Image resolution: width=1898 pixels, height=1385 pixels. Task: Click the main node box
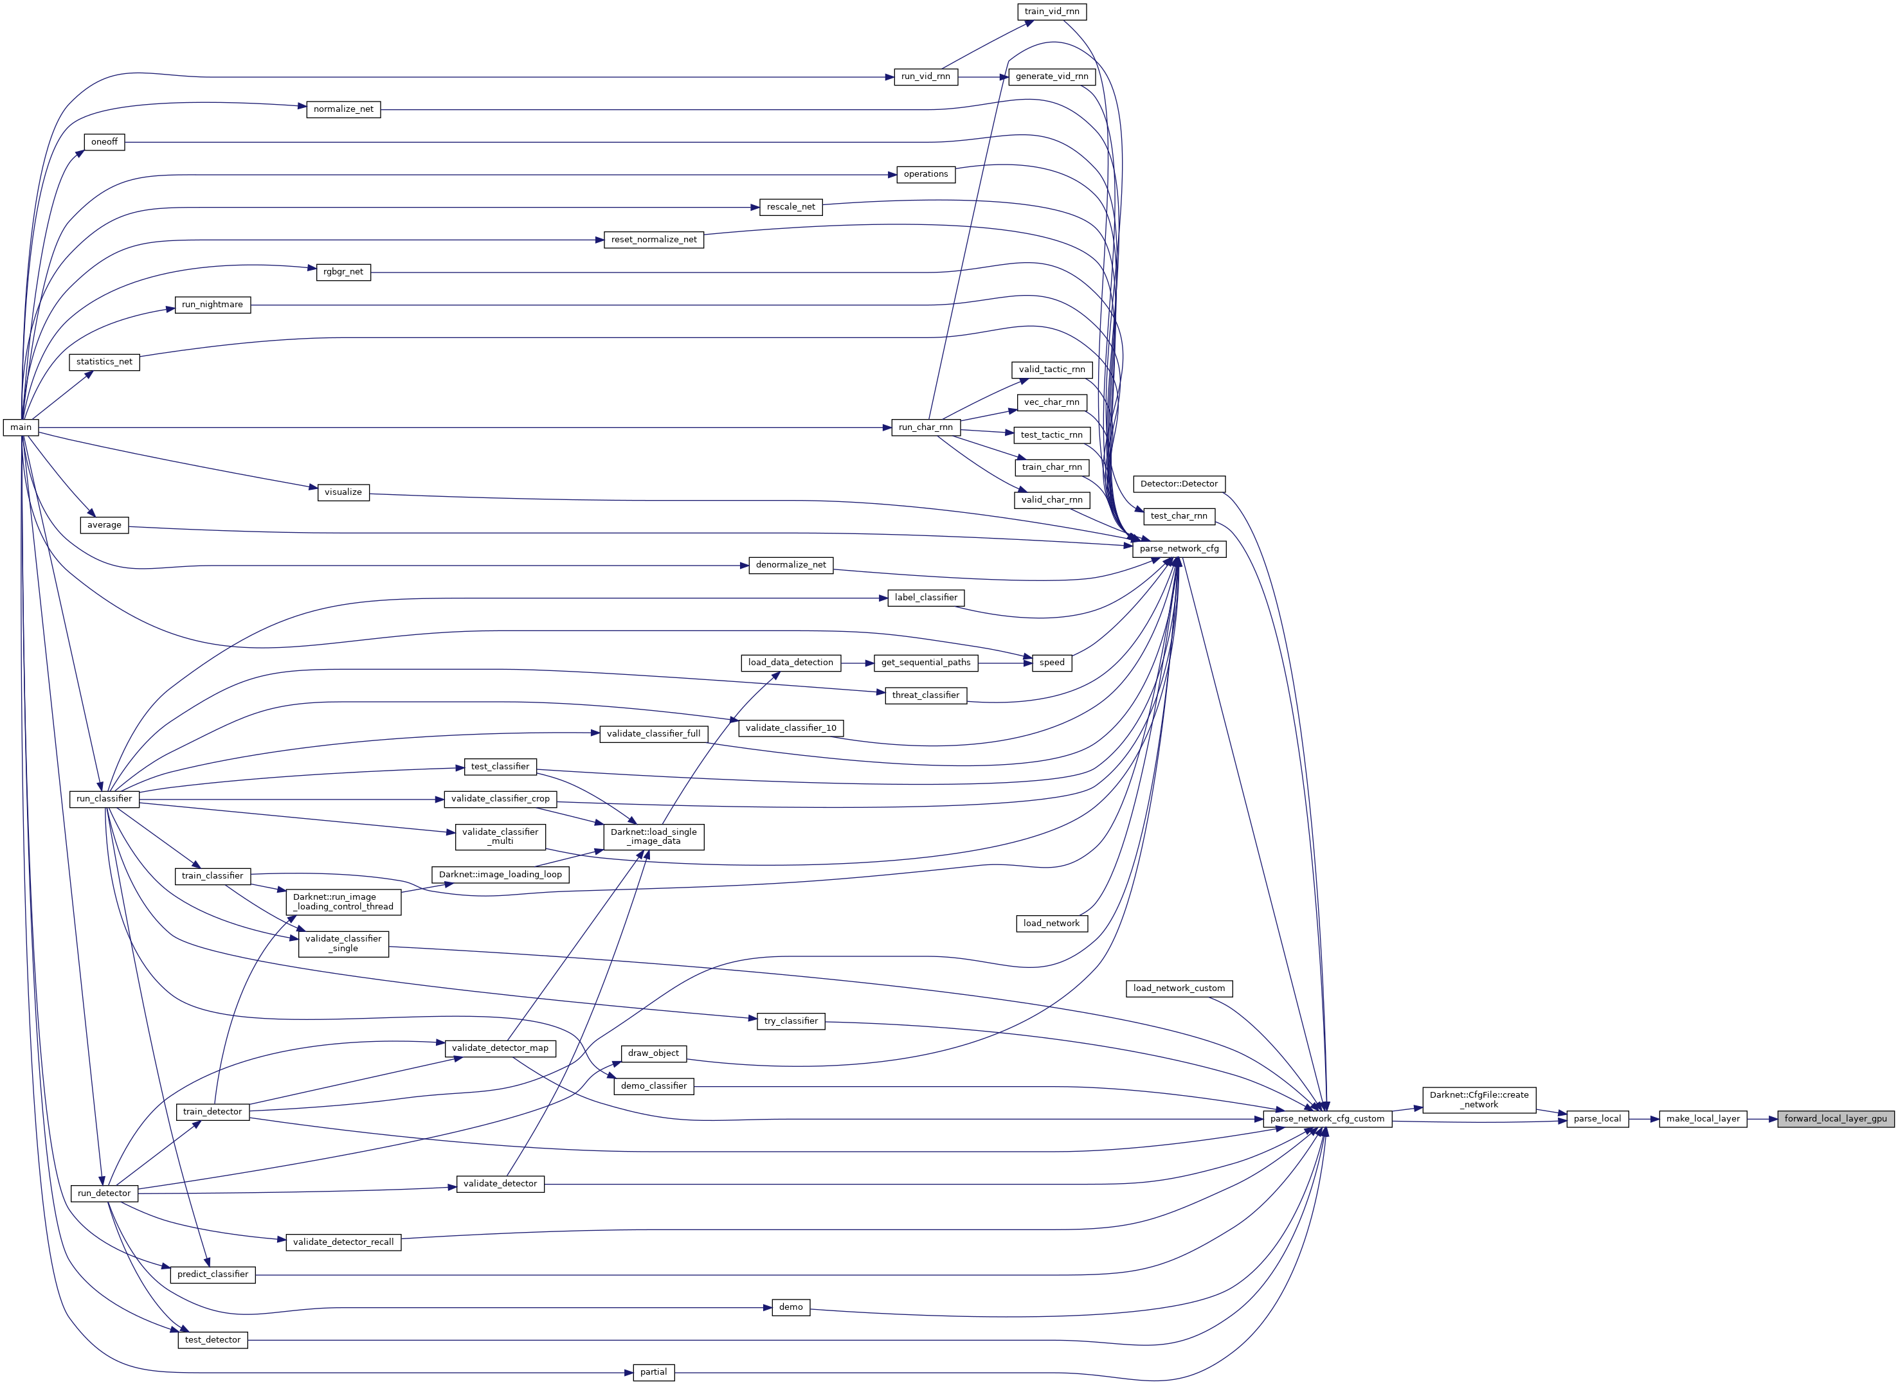click(21, 427)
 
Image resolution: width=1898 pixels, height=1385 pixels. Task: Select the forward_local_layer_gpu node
click(1835, 1118)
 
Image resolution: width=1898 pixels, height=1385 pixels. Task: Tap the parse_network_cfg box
click(1179, 548)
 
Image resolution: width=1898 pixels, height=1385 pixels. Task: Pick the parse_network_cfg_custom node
click(1327, 1118)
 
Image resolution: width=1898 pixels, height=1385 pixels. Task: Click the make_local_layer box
click(1703, 1118)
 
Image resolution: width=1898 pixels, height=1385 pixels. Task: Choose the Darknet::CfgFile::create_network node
click(1479, 1099)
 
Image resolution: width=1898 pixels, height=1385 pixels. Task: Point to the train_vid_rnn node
click(1052, 12)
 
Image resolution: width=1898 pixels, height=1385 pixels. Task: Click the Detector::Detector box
click(1179, 484)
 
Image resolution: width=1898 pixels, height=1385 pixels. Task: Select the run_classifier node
click(104, 799)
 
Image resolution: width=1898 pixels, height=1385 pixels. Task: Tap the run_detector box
click(104, 1193)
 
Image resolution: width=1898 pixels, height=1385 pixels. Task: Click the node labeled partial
click(653, 1372)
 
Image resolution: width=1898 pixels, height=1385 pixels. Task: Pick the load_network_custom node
click(1179, 988)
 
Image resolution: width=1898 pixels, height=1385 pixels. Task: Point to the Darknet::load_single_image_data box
click(653, 837)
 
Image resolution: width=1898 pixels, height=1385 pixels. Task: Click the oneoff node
click(105, 141)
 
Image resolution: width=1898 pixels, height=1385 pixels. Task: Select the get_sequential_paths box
click(926, 663)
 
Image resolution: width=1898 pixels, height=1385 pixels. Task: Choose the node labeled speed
click(1052, 663)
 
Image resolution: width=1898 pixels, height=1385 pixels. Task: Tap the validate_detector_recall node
click(343, 1242)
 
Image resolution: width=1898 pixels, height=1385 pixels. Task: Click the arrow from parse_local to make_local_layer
click(1644, 1118)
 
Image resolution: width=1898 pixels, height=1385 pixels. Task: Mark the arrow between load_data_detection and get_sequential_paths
click(857, 663)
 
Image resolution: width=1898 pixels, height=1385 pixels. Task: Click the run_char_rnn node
click(926, 427)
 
